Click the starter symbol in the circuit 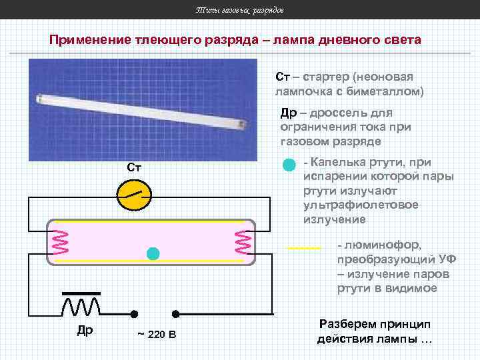point(135,193)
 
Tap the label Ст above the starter point(134,167)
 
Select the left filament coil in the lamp point(59,242)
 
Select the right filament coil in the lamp point(243,242)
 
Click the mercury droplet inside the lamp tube point(153,253)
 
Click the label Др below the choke point(85,330)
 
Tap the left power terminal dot point(134,313)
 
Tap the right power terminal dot point(177,313)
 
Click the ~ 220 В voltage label point(157,333)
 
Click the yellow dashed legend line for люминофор point(304,248)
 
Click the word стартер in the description point(325,77)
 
